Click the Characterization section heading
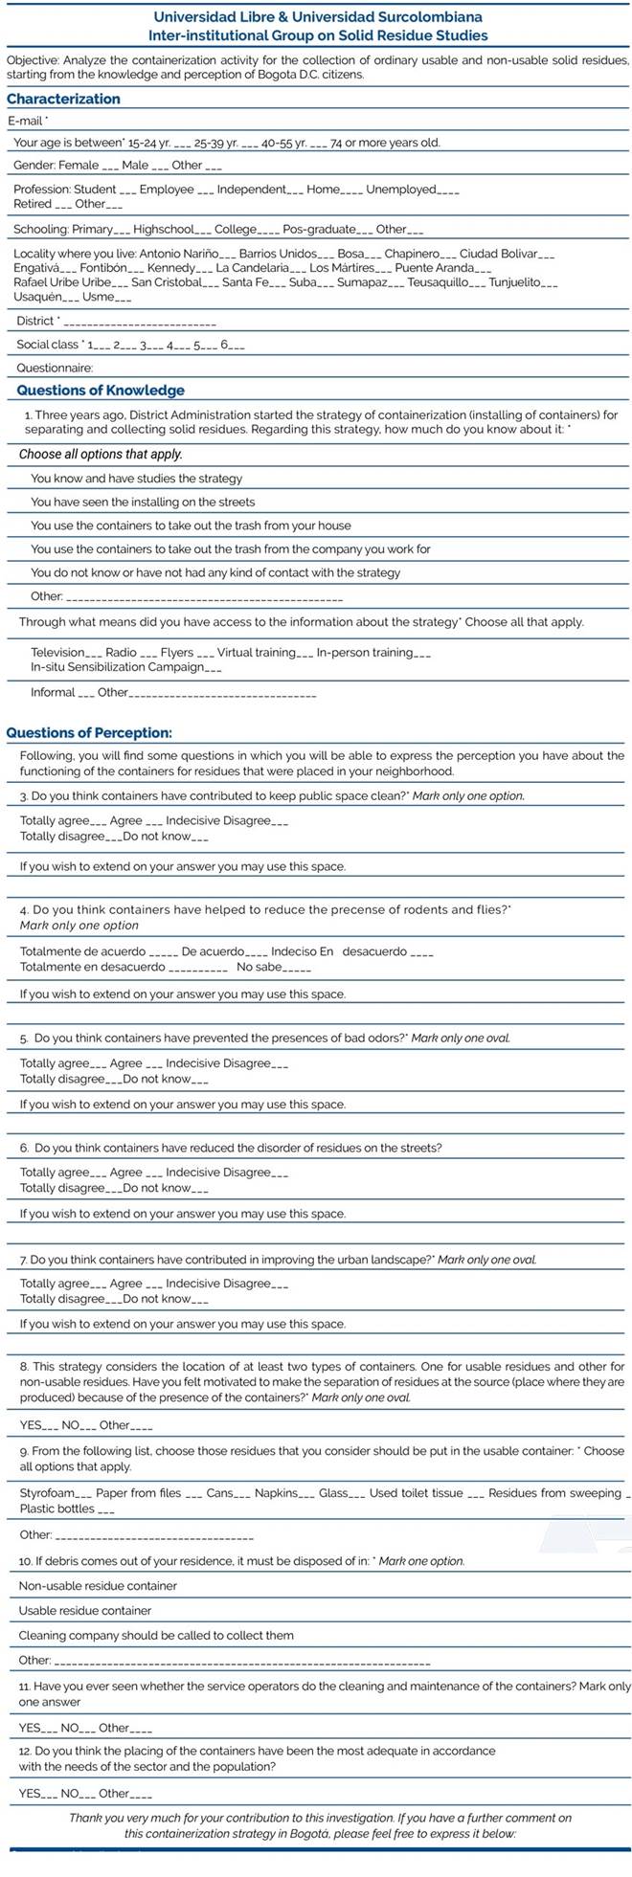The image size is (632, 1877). click(x=63, y=99)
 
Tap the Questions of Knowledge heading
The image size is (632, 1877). click(x=101, y=391)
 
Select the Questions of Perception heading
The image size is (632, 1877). click(x=89, y=733)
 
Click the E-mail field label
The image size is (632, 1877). click(x=27, y=122)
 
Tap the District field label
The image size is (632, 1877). click(x=36, y=321)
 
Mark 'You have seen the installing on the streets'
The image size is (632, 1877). click(x=143, y=502)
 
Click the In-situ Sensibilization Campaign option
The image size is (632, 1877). click(x=117, y=667)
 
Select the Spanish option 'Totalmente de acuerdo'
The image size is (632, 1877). click(x=83, y=951)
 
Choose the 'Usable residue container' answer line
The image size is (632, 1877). click(x=85, y=1611)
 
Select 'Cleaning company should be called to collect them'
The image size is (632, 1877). click(x=156, y=1635)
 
